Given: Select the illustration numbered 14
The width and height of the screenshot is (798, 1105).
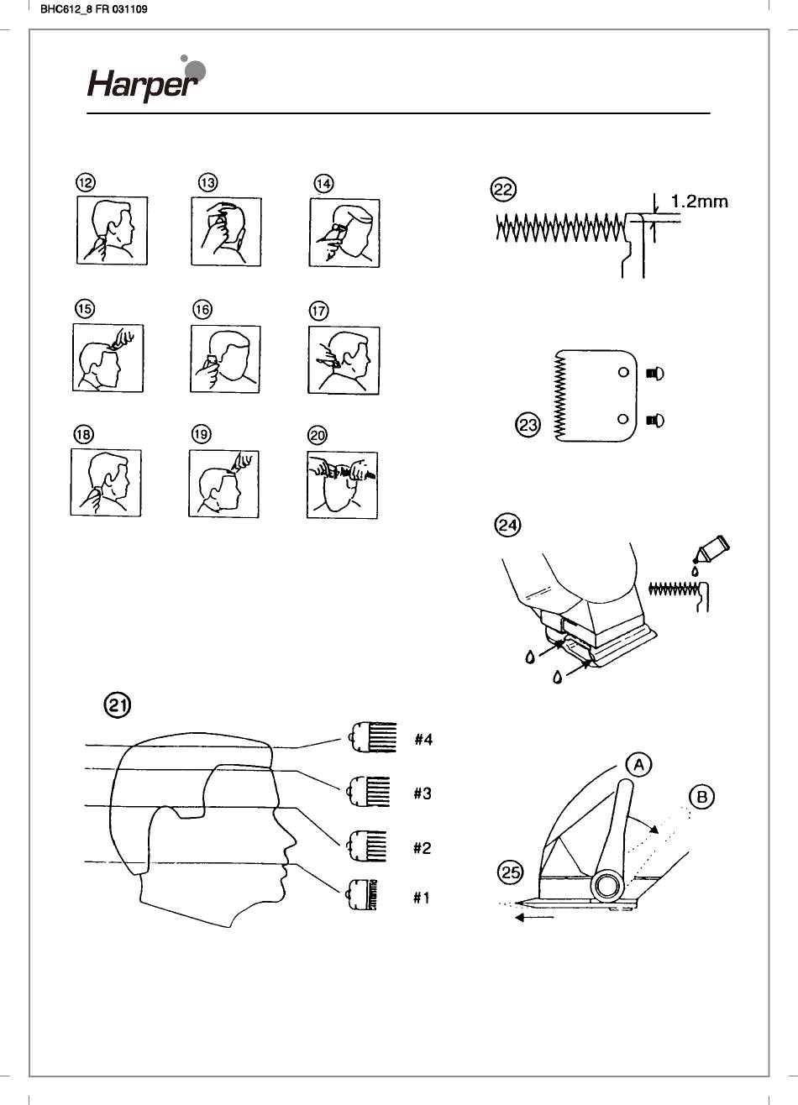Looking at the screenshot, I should coord(344,233).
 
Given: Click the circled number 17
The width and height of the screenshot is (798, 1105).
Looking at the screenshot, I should coord(318,312).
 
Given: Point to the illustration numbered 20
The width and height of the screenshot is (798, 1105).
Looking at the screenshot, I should coord(342,484).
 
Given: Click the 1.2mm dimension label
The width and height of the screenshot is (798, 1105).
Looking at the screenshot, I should coord(699,202).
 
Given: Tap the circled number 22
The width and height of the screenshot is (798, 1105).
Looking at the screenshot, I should coord(503,190).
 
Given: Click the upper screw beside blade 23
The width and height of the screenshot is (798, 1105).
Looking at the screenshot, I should coord(654,374).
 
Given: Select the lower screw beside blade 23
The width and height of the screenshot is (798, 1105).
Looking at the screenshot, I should coord(654,420).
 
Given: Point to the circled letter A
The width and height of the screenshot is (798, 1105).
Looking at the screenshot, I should coord(638,764).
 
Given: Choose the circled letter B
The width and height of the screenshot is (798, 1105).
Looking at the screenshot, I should coord(701,796).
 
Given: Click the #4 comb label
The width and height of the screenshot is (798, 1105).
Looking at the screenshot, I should coord(423,740).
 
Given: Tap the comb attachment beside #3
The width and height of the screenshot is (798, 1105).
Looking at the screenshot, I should coord(369,791).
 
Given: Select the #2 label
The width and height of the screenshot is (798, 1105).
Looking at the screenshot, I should coord(422,848).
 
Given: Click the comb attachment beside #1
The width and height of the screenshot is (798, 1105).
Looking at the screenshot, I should coord(362,897).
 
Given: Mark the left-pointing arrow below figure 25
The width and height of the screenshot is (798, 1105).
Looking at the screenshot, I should coord(533,919).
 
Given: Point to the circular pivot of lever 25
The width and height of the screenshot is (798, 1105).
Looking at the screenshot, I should coord(607,885).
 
